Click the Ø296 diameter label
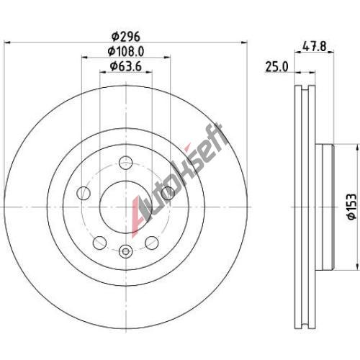click(x=125, y=37)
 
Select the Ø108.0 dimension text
click(x=126, y=52)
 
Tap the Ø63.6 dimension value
click(x=126, y=66)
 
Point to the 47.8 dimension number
click(x=314, y=46)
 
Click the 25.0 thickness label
click(x=276, y=67)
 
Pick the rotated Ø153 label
click(x=352, y=207)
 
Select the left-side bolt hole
click(x=84, y=193)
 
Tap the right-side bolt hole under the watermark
click(x=168, y=193)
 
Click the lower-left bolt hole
click(x=99, y=243)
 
